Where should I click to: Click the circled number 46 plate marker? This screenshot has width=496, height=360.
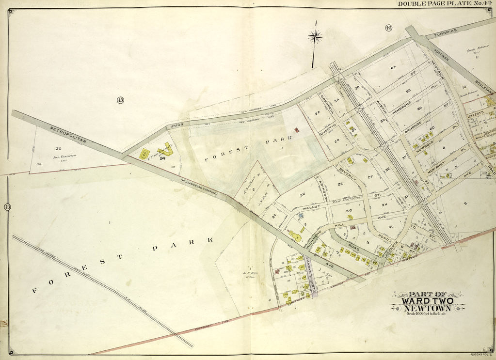[389, 28]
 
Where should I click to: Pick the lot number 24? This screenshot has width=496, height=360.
[162, 157]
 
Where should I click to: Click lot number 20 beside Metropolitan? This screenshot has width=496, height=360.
[58, 149]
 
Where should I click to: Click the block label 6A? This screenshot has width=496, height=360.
[394, 69]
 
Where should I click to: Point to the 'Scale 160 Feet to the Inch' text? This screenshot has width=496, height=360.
[427, 314]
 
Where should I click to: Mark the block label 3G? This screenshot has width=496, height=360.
[348, 211]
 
